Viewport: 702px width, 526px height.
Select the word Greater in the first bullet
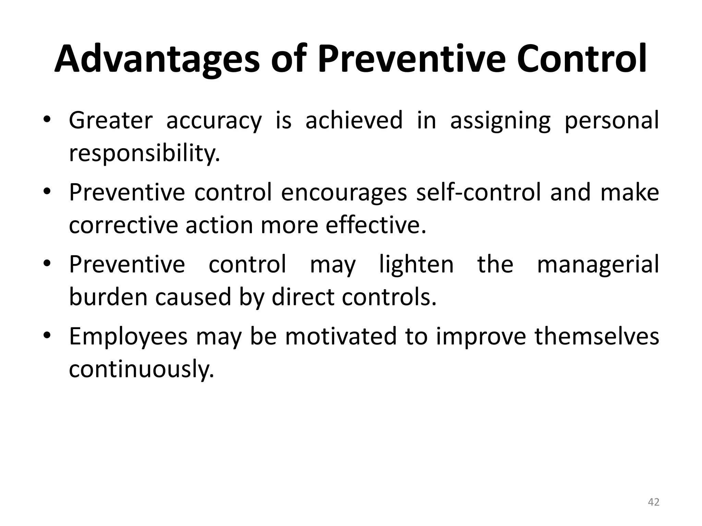[110, 120]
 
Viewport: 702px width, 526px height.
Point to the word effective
[376, 225]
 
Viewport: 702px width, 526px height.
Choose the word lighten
[416, 265]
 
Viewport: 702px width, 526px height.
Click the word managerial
[598, 265]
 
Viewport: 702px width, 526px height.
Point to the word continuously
[141, 369]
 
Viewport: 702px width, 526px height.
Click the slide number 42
[654, 502]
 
